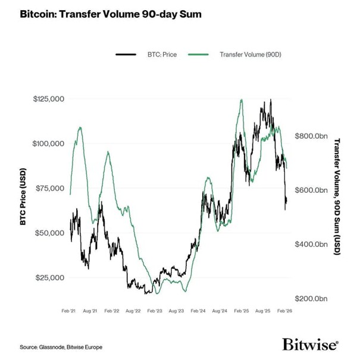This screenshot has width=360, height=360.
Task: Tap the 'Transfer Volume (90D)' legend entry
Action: [x=234, y=55]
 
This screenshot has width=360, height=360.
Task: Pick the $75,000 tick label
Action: [x=50, y=188]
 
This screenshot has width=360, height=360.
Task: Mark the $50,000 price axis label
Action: [x=50, y=233]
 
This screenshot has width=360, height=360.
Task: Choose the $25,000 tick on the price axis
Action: [x=50, y=277]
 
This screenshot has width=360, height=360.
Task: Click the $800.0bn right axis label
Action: [x=312, y=136]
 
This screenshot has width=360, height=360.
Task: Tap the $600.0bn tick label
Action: [x=312, y=190]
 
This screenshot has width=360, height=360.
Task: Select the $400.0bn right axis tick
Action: [x=312, y=244]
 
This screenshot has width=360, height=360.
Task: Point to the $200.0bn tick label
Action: [x=312, y=298]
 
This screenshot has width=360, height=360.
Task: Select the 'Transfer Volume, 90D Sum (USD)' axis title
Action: [x=337, y=197]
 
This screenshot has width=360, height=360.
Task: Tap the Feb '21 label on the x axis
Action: [x=70, y=311]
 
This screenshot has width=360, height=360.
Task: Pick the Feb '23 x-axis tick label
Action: [x=155, y=311]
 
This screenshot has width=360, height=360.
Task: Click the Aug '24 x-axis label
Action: [x=220, y=311]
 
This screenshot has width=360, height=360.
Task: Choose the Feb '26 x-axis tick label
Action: [x=284, y=311]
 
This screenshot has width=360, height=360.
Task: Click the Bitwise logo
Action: [x=310, y=345]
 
